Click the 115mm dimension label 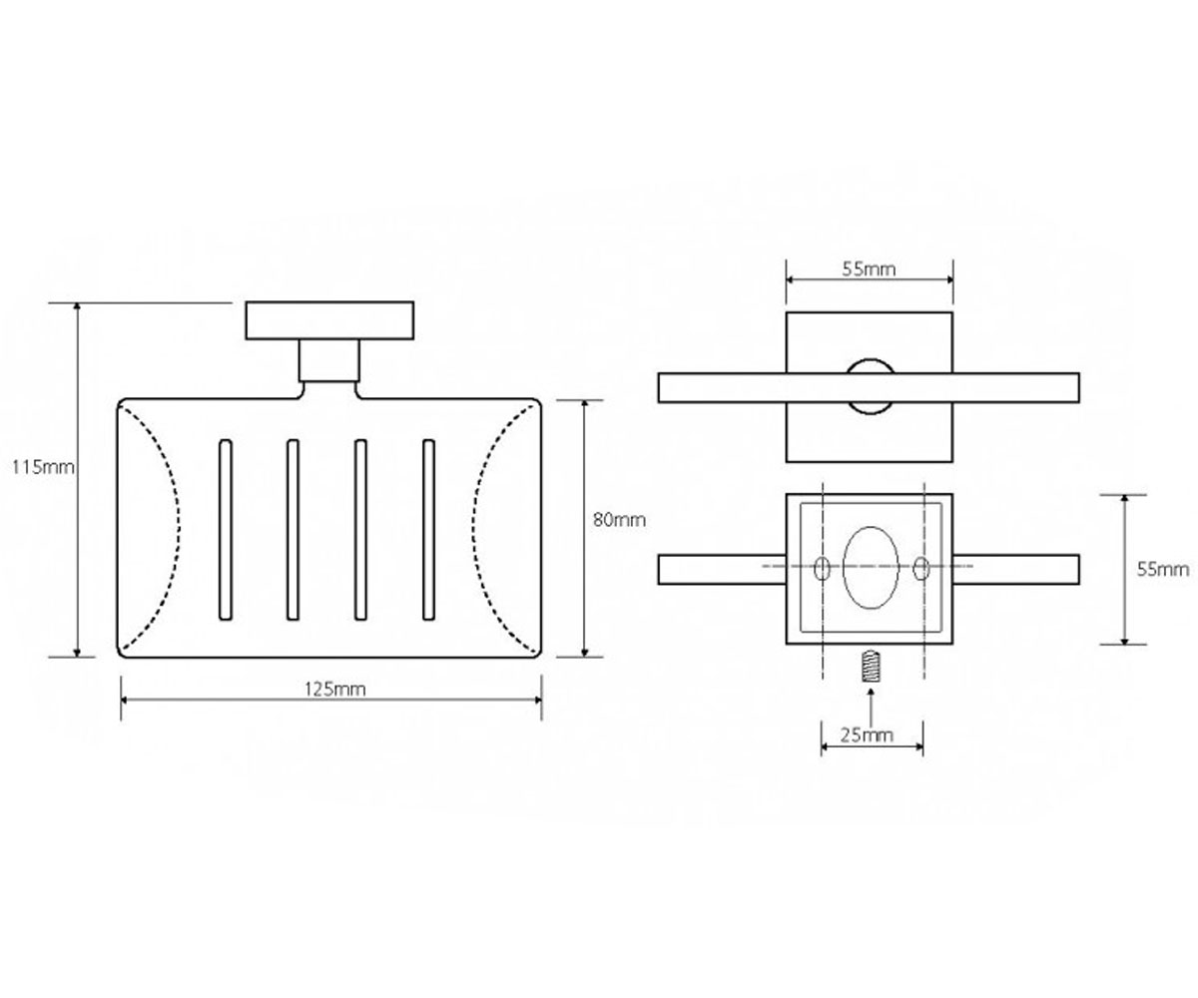click(x=44, y=467)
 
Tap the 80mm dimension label click(x=619, y=520)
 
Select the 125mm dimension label click(x=334, y=689)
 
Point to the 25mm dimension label click(x=867, y=735)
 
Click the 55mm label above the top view click(x=869, y=269)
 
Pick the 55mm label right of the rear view click(x=1163, y=570)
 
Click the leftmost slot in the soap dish click(x=226, y=529)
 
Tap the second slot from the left click(x=293, y=529)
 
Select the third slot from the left click(x=360, y=529)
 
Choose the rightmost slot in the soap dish click(x=428, y=529)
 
